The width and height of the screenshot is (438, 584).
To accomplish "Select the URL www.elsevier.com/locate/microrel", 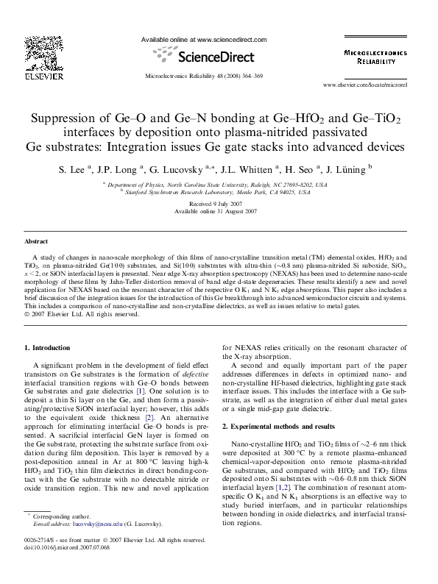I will (375, 85).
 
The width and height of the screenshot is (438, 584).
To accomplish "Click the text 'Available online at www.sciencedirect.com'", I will (203, 39).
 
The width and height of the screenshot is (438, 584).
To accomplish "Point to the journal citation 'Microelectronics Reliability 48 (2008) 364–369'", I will (203, 75).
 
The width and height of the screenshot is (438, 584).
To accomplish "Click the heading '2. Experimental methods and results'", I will (284, 426).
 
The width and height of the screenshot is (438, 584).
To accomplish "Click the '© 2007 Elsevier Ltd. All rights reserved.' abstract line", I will (82, 313).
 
